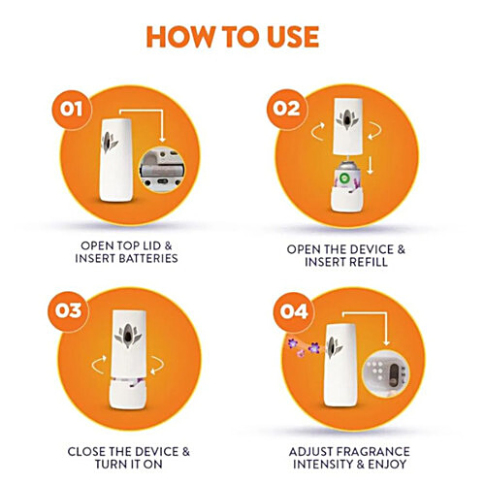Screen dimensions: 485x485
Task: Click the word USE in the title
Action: pyautogui.click(x=293, y=37)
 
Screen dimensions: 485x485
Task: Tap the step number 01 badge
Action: pyautogui.click(x=72, y=110)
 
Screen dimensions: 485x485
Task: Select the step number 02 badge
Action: pyautogui.click(x=286, y=109)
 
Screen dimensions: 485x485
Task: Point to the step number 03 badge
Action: pyautogui.click(x=68, y=311)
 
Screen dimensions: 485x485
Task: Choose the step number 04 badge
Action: pyautogui.click(x=294, y=312)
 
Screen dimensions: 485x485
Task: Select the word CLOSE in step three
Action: pyautogui.click(x=87, y=452)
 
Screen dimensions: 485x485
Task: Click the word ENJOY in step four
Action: pyautogui.click(x=387, y=465)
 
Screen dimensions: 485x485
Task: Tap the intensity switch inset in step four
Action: pyautogui.click(x=386, y=373)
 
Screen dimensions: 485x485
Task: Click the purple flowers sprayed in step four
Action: pyautogui.click(x=304, y=346)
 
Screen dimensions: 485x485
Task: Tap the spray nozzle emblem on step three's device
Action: pyautogui.click(x=128, y=337)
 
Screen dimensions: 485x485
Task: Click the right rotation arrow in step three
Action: pyautogui.click(x=157, y=366)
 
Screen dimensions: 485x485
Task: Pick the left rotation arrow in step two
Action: pyautogui.click(x=317, y=131)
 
